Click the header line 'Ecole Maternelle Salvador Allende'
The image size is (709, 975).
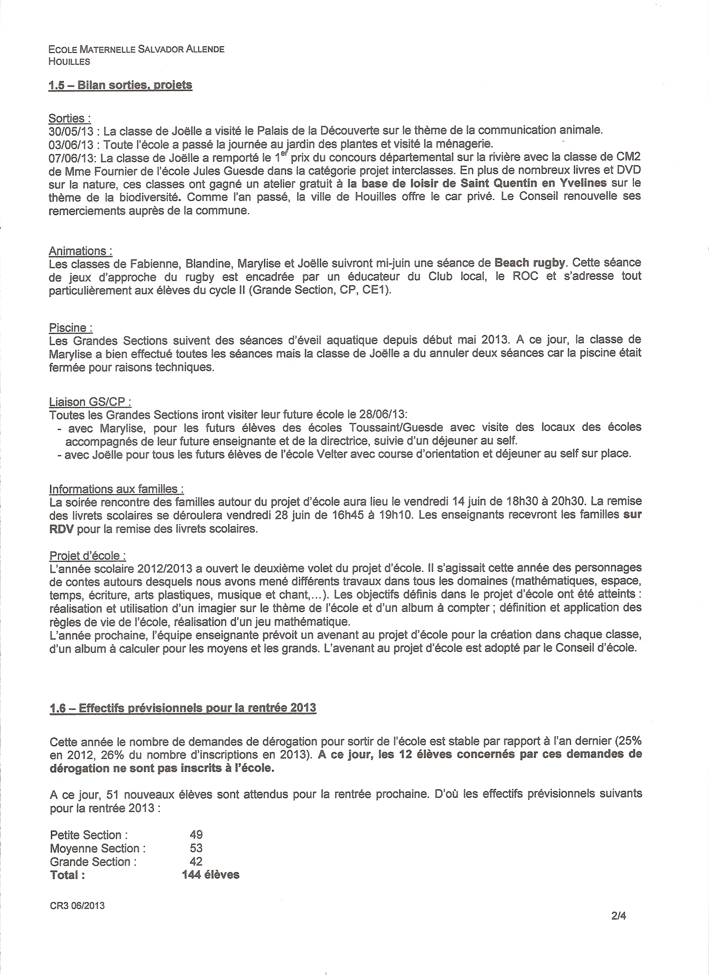tap(136, 49)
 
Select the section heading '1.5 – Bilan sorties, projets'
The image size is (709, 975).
tap(121, 85)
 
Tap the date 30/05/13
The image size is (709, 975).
tap(73, 131)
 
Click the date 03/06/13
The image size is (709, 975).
tap(73, 143)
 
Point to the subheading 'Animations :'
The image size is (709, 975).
tap(81, 251)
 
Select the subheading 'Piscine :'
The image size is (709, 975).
tap(70, 328)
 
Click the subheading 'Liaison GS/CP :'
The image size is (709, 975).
tap(90, 402)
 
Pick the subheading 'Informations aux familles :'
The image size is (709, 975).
tap(117, 489)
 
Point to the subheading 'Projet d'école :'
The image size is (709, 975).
tap(88, 556)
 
